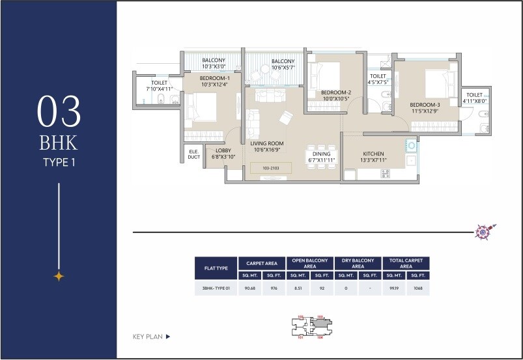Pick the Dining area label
(x=321, y=157)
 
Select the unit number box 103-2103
(x=270, y=168)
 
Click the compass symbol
(x=484, y=230)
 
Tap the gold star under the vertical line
(x=59, y=276)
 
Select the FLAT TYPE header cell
(x=216, y=268)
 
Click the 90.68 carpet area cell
(x=249, y=288)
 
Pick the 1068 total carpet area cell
(x=417, y=288)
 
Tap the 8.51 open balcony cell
(x=298, y=288)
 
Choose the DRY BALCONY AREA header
(x=358, y=264)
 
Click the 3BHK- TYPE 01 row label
(x=216, y=288)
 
